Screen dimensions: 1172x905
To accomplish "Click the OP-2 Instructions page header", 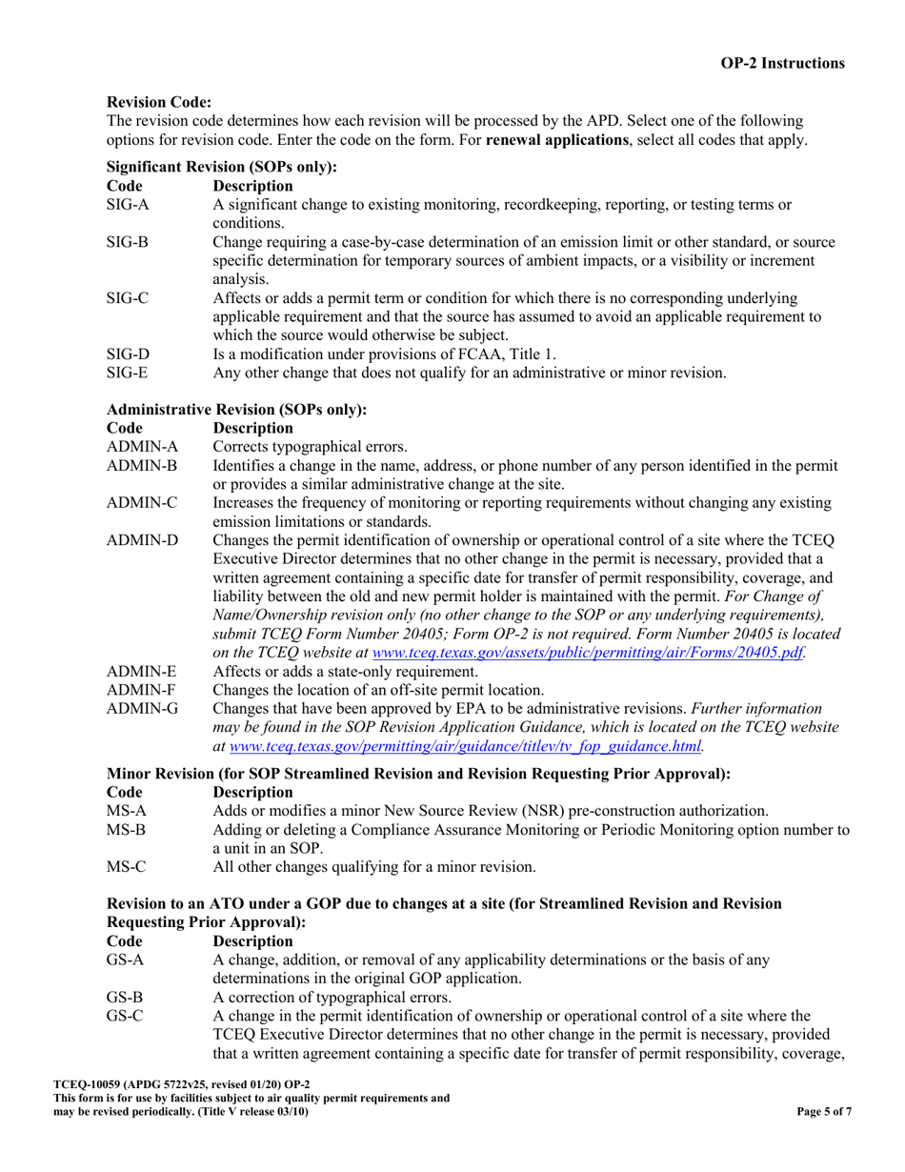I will (x=780, y=64).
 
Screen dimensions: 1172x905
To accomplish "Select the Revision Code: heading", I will (x=159, y=102).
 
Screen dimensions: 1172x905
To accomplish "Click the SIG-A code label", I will (x=128, y=205).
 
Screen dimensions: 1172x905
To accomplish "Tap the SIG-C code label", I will (x=128, y=299).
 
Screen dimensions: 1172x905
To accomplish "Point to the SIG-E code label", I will (x=128, y=374).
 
